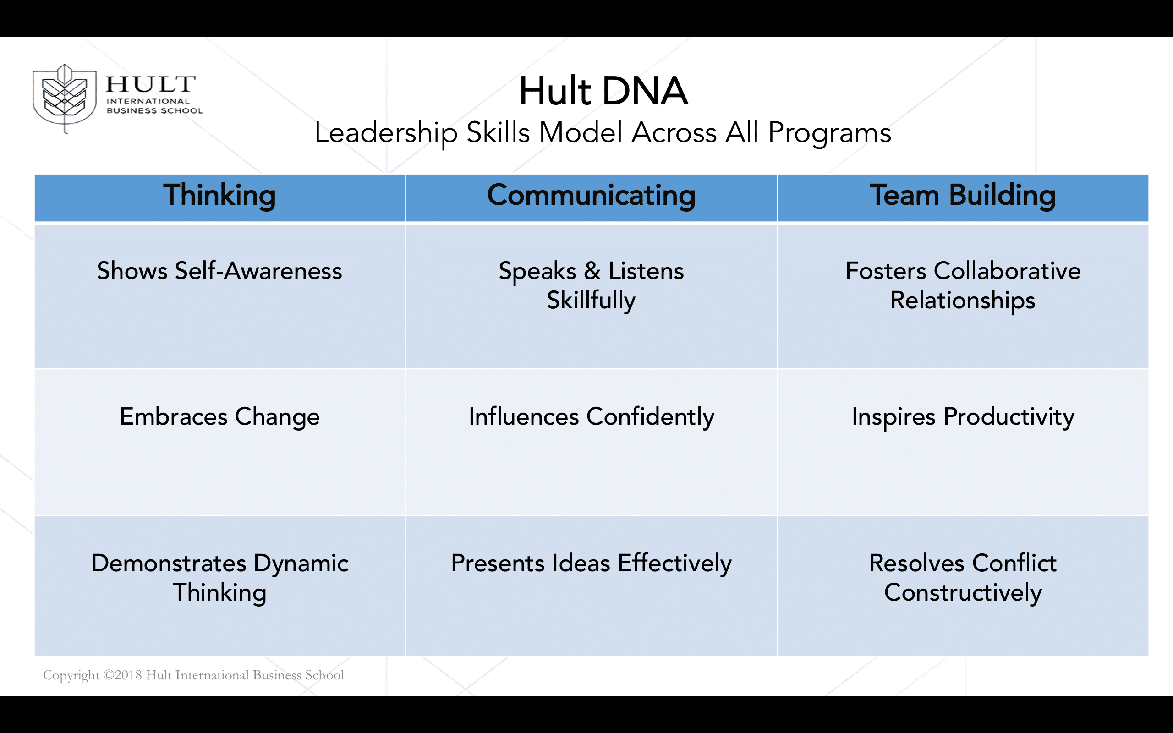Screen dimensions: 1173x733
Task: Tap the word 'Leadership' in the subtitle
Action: [x=386, y=132]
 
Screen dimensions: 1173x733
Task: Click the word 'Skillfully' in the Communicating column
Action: [x=592, y=301]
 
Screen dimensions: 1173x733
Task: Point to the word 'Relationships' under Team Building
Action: [x=963, y=301]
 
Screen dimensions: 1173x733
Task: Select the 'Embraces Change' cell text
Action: [x=219, y=417]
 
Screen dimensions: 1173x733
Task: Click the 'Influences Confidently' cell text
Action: [x=592, y=417]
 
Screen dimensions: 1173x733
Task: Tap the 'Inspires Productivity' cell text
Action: [x=963, y=417]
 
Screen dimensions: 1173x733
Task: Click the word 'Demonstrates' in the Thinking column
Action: [x=169, y=563]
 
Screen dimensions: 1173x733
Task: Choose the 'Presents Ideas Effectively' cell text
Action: [x=592, y=563]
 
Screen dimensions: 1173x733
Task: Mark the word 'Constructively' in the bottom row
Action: [x=963, y=593]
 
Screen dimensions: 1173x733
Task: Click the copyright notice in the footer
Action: [x=193, y=675]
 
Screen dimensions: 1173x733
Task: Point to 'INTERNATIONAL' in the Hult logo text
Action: [x=148, y=101]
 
